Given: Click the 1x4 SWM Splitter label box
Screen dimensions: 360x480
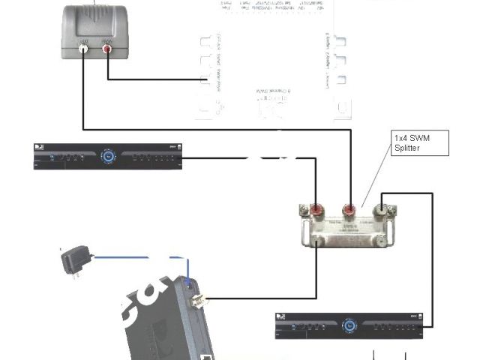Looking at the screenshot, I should [x=421, y=142].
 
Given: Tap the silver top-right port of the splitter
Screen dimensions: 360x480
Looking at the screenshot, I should [x=384, y=205].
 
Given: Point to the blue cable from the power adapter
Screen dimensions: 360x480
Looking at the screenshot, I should [x=135, y=257].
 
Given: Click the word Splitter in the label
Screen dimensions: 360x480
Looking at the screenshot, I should [x=409, y=148].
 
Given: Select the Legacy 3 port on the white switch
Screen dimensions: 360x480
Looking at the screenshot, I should [x=341, y=41].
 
